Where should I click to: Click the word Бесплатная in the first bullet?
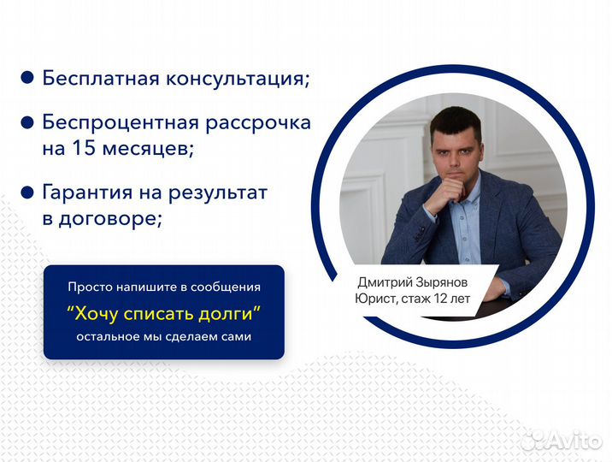coord(101,78)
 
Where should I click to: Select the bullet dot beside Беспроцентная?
coord(27,122)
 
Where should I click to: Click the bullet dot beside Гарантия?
coord(27,192)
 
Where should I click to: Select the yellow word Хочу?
coord(96,314)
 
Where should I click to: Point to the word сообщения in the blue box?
coord(225,287)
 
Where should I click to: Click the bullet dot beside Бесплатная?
coord(27,78)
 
